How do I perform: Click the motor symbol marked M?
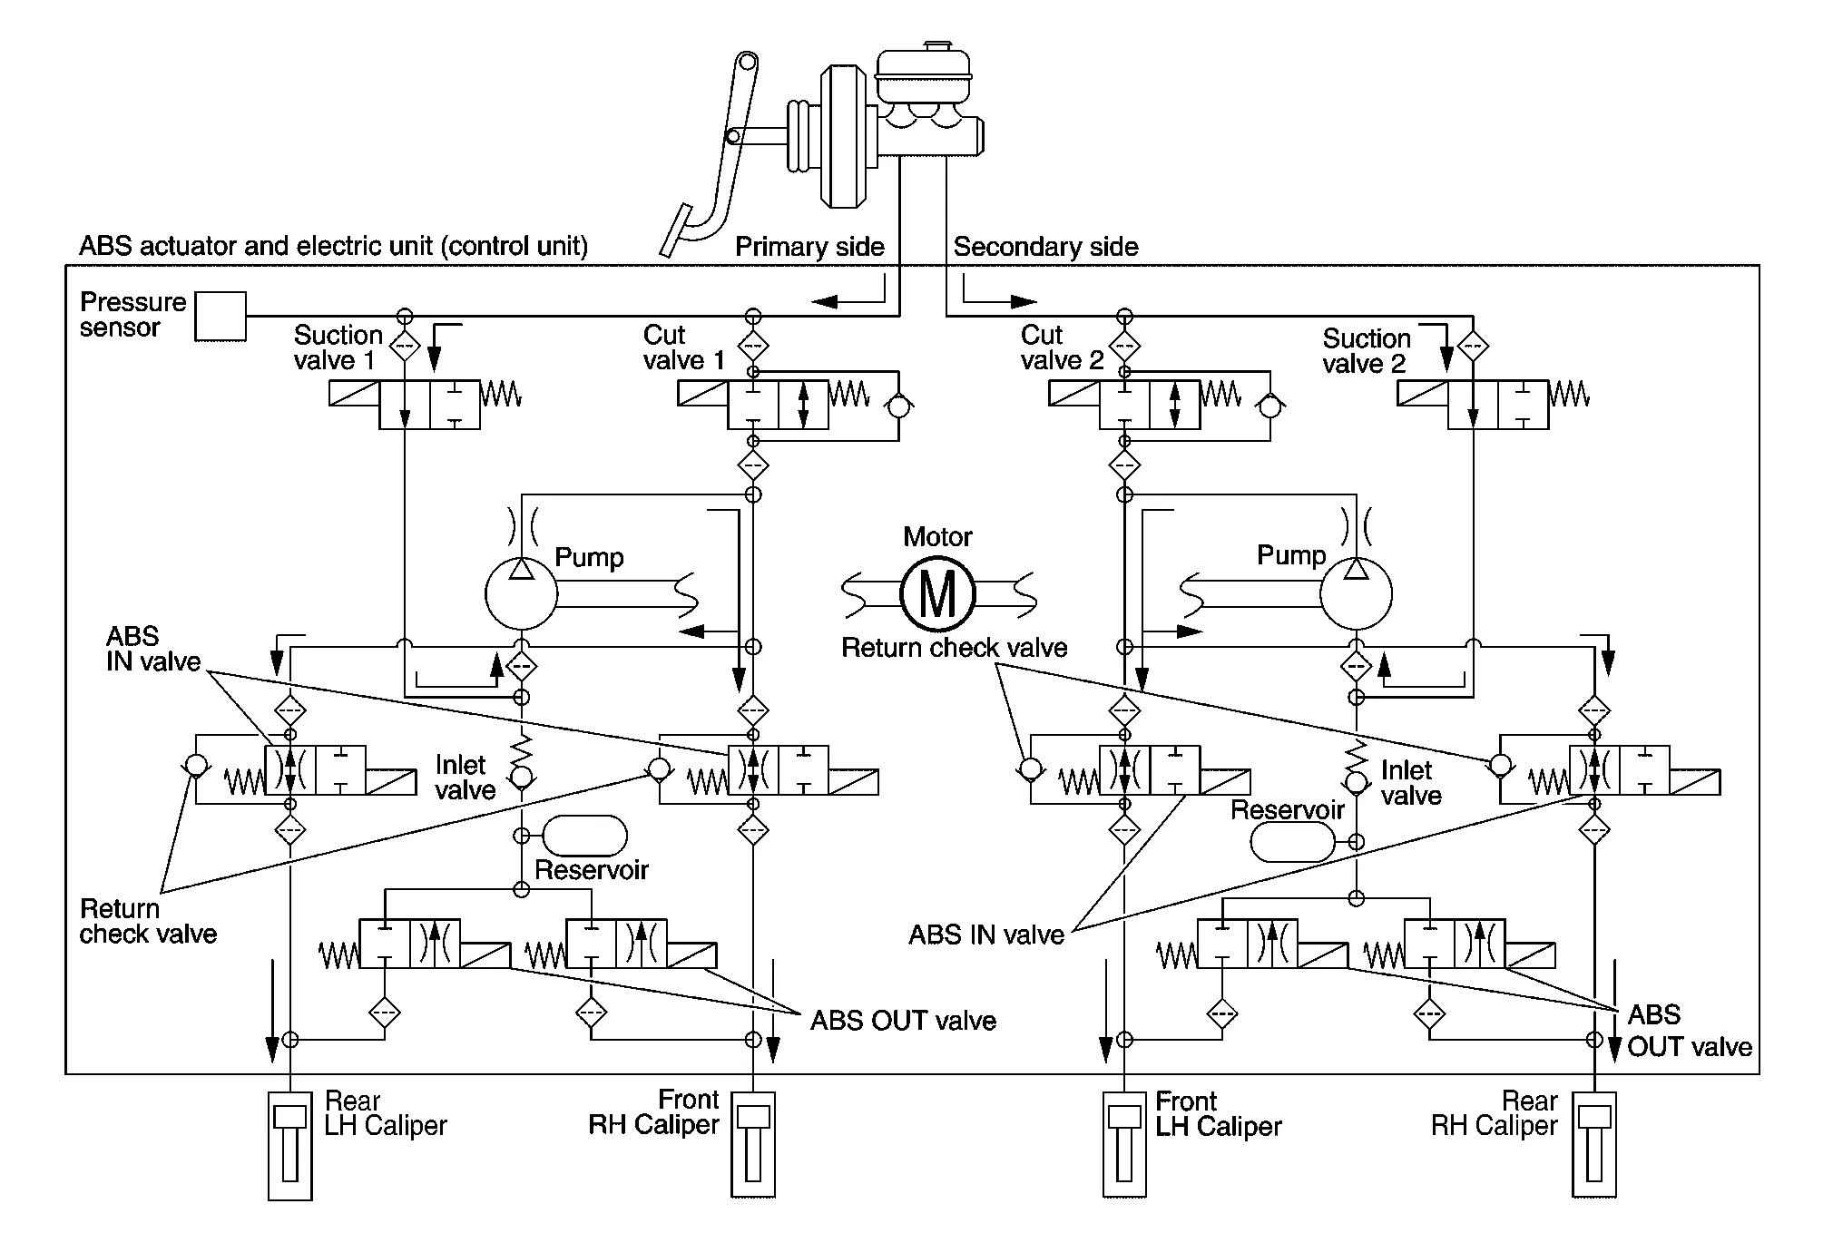click(937, 594)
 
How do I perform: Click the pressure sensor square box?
click(221, 317)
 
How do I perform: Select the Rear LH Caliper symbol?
click(290, 1146)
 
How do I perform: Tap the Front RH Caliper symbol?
click(753, 1146)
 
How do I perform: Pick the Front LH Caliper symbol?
click(1125, 1146)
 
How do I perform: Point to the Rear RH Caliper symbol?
click(1594, 1146)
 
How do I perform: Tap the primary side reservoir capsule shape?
click(584, 836)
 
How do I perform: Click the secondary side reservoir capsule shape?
click(1293, 842)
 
